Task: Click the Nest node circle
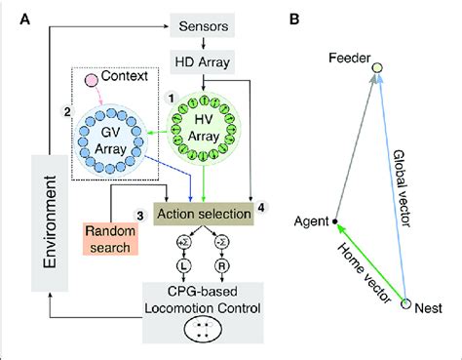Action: [406, 304]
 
